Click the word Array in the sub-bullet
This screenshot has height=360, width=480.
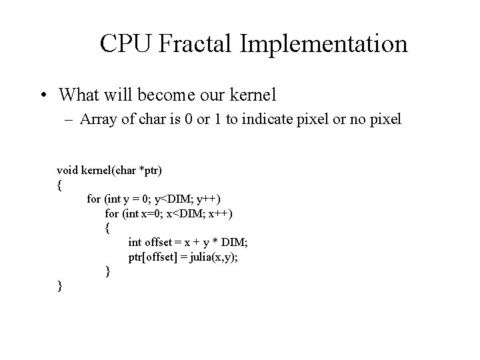point(97,120)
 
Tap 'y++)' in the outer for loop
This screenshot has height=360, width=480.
point(209,199)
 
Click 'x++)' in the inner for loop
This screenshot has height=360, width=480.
point(221,213)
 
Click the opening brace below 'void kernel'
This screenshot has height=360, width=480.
point(60,185)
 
